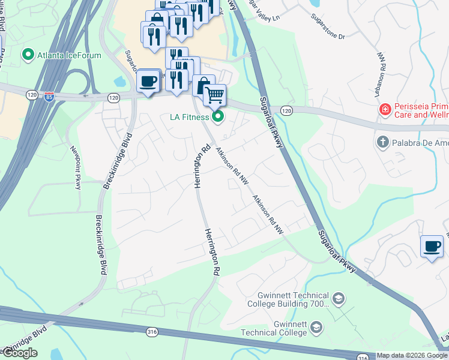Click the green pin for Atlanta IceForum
point(28,56)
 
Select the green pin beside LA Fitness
point(218,116)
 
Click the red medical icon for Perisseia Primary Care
point(384,110)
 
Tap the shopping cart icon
point(214,95)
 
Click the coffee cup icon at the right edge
point(432,246)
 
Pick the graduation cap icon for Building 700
point(339,299)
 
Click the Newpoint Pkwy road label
point(76,167)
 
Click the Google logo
point(19,353)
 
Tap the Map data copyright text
point(412,355)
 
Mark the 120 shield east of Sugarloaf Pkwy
point(287,110)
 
